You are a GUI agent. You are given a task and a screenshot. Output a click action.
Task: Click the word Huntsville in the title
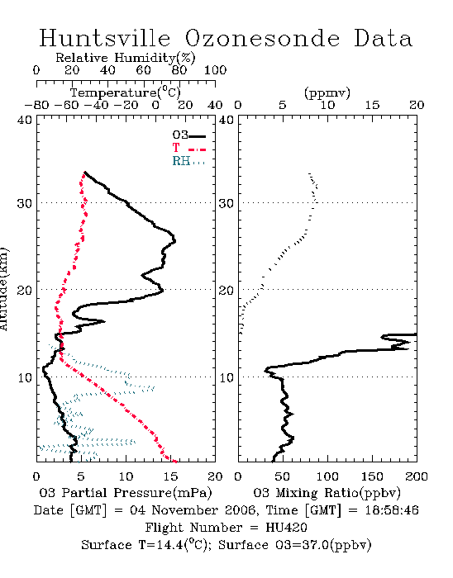tap(105, 38)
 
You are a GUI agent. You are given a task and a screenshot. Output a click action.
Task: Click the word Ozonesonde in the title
tap(261, 38)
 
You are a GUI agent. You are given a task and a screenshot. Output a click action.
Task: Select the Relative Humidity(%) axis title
tap(126, 58)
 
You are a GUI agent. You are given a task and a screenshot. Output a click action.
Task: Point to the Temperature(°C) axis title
tap(126, 92)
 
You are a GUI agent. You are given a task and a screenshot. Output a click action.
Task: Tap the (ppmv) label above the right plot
tap(327, 92)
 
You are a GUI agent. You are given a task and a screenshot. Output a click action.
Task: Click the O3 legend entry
tap(188, 135)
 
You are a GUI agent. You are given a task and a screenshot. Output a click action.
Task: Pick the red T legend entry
tap(188, 148)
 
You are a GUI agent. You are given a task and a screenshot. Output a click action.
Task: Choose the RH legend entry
tap(188, 161)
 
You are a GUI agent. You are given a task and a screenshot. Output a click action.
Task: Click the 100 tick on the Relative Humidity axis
tap(216, 70)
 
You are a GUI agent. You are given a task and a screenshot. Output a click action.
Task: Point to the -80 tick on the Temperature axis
tap(36, 106)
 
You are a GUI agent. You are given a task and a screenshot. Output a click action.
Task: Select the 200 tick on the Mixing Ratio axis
tap(417, 476)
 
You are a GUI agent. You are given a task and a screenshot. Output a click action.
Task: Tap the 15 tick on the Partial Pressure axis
tap(170, 476)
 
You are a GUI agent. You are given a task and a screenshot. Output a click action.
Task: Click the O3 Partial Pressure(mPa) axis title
tap(126, 493)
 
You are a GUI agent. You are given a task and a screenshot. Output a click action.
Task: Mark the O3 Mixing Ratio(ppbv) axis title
tap(327, 493)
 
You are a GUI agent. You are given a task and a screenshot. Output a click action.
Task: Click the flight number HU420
tap(286, 528)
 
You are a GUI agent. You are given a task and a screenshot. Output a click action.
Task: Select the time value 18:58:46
tap(392, 510)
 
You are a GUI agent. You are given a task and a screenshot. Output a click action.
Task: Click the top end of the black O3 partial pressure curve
tap(85, 172)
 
